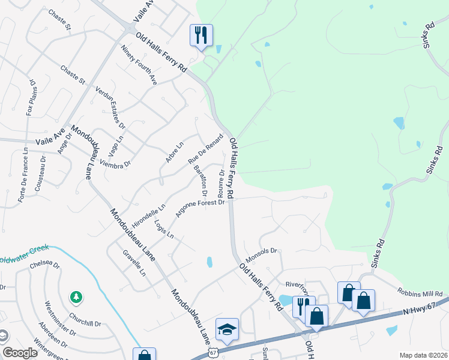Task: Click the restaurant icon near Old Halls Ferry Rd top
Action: (200, 35)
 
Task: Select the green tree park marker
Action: (76, 296)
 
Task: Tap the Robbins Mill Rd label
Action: (420, 294)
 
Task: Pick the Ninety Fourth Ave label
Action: (138, 65)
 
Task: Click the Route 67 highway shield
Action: (213, 353)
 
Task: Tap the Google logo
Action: (20, 353)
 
